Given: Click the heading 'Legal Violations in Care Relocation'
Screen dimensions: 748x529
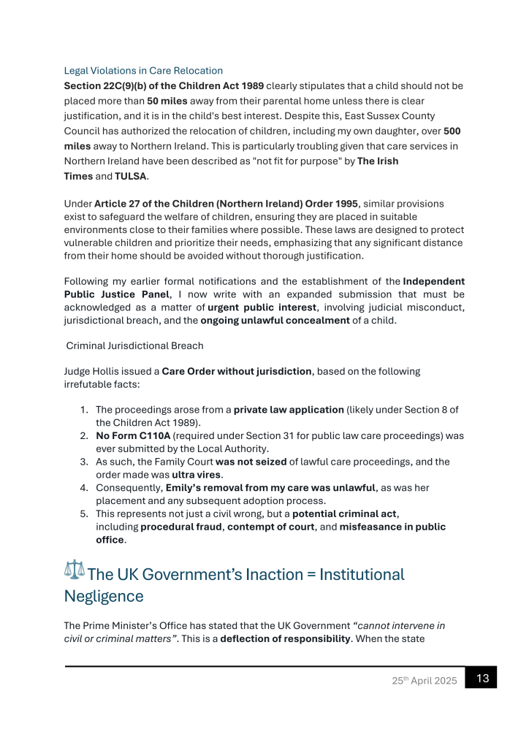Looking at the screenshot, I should (x=143, y=71).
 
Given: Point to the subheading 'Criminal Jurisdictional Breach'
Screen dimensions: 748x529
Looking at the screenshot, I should (x=134, y=345).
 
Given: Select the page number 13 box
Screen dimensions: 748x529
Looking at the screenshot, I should (x=482, y=678).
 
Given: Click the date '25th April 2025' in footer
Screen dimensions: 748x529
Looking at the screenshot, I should (x=424, y=681).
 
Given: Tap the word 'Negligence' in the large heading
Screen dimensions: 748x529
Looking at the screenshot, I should (x=104, y=596).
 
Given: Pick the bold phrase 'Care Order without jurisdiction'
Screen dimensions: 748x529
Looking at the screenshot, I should (x=237, y=371).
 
